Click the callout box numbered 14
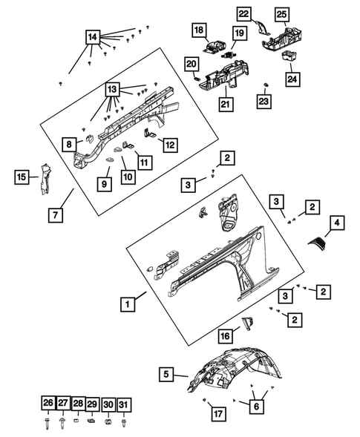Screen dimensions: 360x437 (x=93, y=37)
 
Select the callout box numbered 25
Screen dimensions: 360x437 (x=281, y=14)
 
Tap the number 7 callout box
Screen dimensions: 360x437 (x=55, y=215)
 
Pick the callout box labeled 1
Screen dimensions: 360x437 (x=128, y=304)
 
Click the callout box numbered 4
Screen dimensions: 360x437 (x=337, y=223)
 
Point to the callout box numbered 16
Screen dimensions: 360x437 (x=226, y=336)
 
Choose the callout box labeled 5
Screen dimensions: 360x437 (x=166, y=374)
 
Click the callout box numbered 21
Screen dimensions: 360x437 (x=226, y=104)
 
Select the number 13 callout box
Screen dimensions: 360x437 (x=112, y=90)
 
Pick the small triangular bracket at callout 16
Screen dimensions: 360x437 (x=248, y=323)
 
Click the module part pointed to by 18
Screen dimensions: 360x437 (x=215, y=47)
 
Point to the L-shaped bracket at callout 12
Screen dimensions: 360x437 (x=151, y=134)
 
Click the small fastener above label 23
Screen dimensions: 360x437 (x=266, y=84)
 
